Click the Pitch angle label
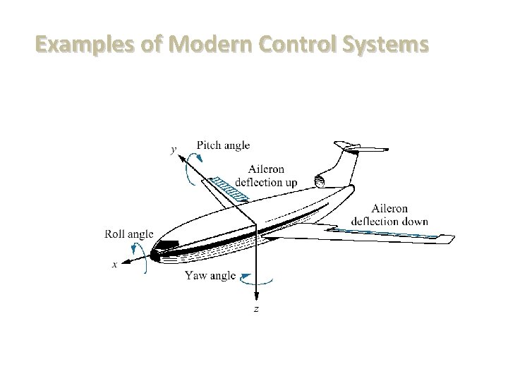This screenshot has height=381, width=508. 223,146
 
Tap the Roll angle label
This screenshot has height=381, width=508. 129,234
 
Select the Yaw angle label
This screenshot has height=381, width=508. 210,276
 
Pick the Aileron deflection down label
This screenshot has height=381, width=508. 399,214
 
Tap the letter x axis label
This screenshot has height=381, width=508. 115,265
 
